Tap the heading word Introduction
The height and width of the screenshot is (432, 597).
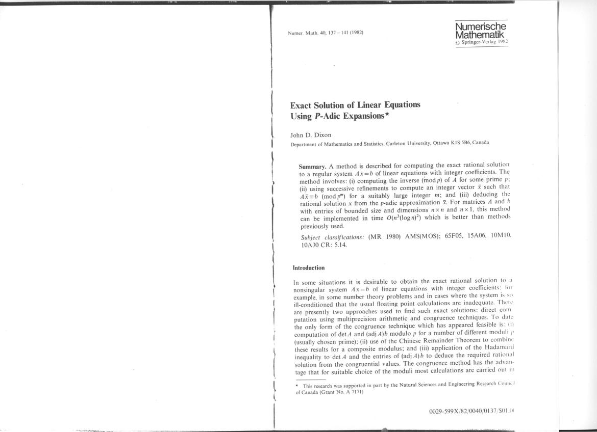tap(309, 267)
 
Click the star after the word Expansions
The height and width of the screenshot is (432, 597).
tap(386, 114)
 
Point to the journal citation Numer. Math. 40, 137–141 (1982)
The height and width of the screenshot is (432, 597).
tap(326, 33)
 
